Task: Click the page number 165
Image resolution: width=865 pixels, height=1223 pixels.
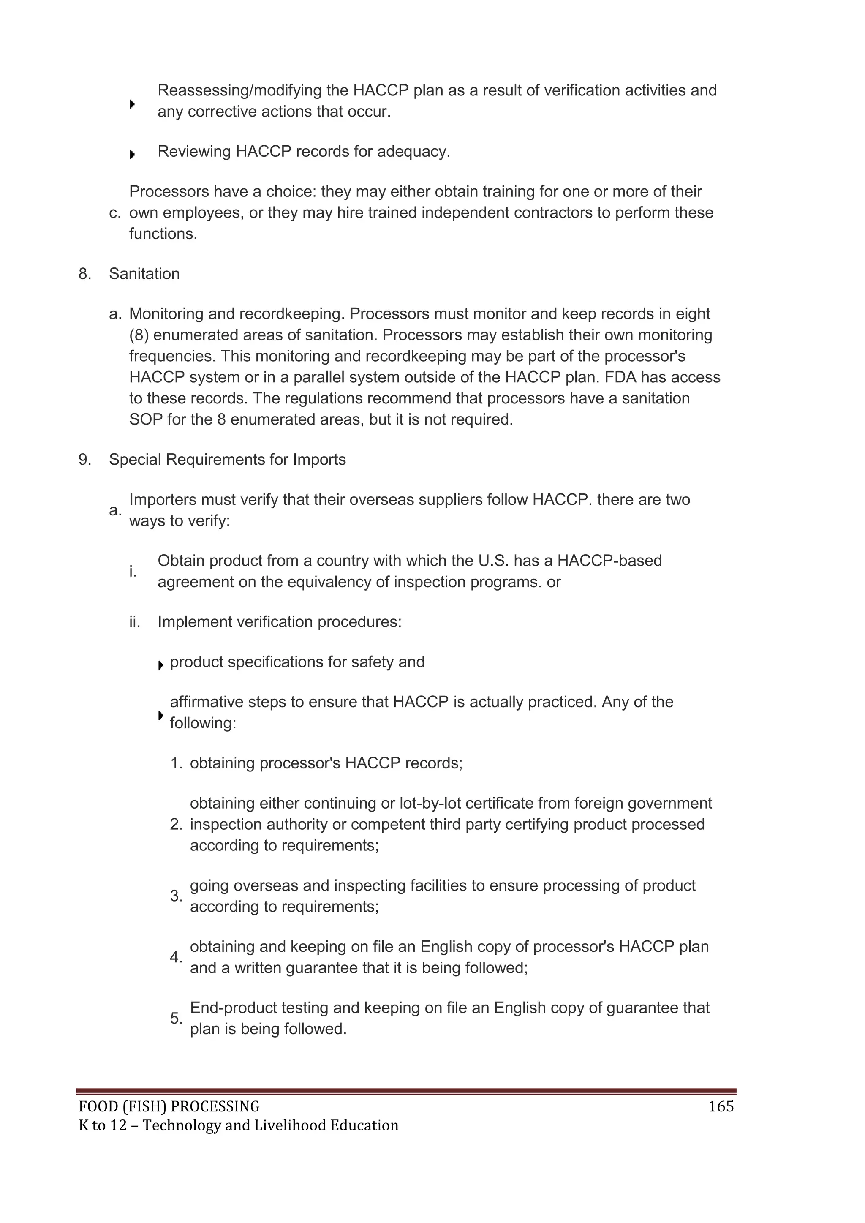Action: pyautogui.click(x=721, y=1107)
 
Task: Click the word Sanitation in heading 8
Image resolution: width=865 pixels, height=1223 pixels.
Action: pyautogui.click(x=144, y=274)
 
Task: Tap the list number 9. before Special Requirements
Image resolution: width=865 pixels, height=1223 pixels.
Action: pyautogui.click(x=85, y=460)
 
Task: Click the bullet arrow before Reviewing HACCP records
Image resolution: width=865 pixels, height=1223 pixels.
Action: pyautogui.click(x=132, y=155)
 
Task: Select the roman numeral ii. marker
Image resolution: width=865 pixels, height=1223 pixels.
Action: pyautogui.click(x=134, y=622)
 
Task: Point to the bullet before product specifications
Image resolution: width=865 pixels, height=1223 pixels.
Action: pyautogui.click(x=160, y=665)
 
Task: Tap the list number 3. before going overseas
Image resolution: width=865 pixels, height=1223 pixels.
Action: pyautogui.click(x=176, y=896)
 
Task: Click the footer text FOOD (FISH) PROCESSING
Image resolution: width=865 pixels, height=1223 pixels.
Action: pyautogui.click(x=169, y=1107)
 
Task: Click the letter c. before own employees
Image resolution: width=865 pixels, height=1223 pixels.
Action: pyautogui.click(x=115, y=213)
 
